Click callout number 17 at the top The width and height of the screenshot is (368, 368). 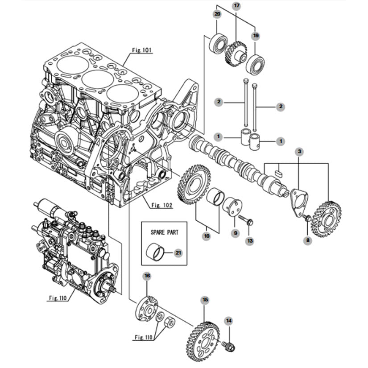coord(237,5)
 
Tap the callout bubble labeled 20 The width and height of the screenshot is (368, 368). coord(217,14)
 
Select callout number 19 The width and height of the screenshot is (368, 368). coord(256,36)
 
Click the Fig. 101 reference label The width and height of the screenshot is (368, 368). coord(142,50)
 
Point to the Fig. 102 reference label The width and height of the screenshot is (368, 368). coord(162,205)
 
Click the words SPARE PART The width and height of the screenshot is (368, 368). coord(164,232)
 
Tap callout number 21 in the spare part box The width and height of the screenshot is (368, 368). coord(178,253)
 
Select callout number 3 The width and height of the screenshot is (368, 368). coord(299,152)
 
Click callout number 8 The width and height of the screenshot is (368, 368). coord(308,240)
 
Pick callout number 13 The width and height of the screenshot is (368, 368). coord(250,241)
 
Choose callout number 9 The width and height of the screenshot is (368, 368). coord(235,233)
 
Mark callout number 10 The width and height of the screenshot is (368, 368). coord(207,236)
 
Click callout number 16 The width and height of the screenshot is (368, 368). coord(147,276)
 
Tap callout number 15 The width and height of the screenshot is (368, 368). coord(205,300)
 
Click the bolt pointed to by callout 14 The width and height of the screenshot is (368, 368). coord(229,346)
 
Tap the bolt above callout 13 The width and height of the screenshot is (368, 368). coord(246,220)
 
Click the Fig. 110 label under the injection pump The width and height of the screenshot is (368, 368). coord(58,298)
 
